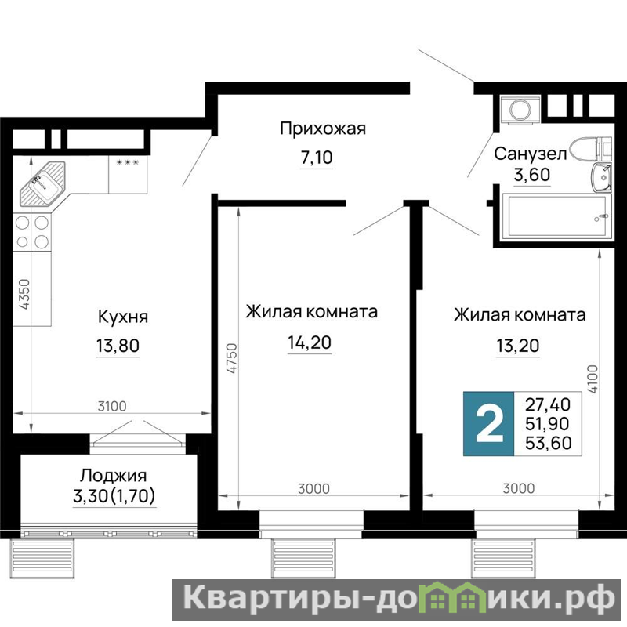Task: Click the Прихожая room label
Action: (x=323, y=129)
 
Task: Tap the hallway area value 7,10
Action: (x=317, y=158)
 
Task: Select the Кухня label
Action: (x=123, y=317)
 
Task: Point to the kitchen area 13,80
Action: (x=118, y=345)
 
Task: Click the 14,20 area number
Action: (x=310, y=342)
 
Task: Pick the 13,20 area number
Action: (x=518, y=346)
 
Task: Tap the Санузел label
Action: (x=531, y=154)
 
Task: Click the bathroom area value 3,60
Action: (x=532, y=175)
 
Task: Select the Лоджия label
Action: (x=113, y=476)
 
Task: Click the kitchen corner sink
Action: (x=43, y=183)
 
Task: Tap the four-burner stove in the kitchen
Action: (x=32, y=232)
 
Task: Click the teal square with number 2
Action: (x=488, y=424)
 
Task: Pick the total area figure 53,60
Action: (x=548, y=443)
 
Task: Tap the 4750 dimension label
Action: (x=232, y=358)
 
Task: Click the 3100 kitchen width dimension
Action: (x=112, y=406)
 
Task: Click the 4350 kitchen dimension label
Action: (x=25, y=294)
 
